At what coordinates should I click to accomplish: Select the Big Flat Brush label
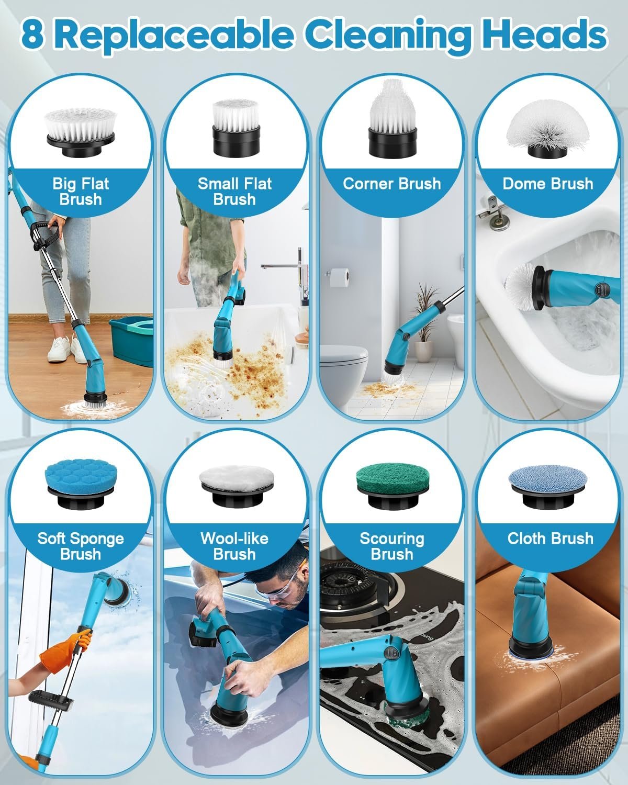click(81, 192)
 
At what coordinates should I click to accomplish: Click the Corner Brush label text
click(392, 184)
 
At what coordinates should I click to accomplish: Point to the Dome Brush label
click(548, 184)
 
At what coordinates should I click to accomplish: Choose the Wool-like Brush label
click(234, 546)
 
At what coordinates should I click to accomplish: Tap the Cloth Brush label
click(550, 539)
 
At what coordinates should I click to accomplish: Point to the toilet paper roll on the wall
click(339, 277)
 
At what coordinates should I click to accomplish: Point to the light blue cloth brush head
click(548, 478)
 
